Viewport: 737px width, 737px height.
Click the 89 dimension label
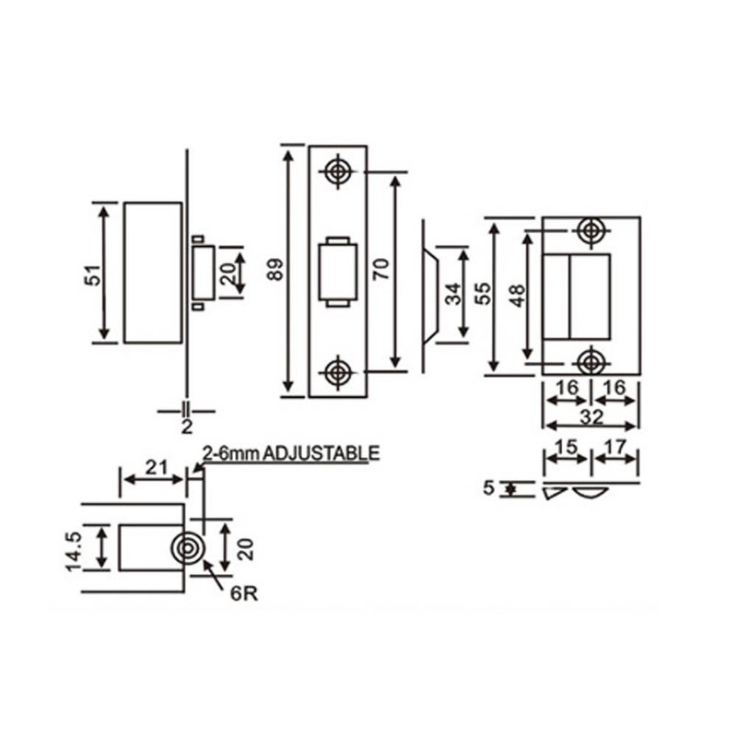click(x=275, y=269)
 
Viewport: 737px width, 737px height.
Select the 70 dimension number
click(x=381, y=269)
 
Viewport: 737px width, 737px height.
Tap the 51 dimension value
click(x=93, y=275)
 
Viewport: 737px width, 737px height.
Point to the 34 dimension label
click(x=454, y=294)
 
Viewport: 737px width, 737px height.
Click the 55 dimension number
click(x=483, y=293)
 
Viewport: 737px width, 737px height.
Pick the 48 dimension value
click(x=518, y=296)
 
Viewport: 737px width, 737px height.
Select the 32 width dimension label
click(x=591, y=416)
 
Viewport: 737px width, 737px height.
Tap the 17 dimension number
click(x=615, y=447)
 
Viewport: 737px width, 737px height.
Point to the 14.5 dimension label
click(x=75, y=551)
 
